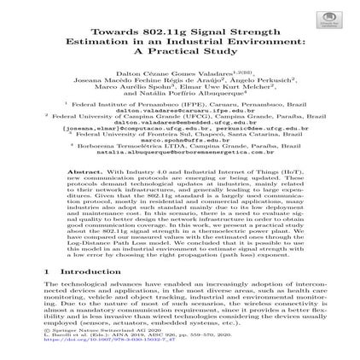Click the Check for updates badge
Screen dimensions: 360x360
[x=328, y=20]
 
